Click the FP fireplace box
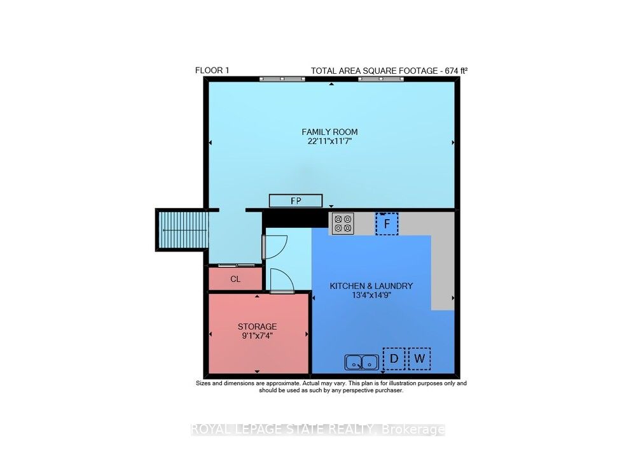tap(296, 201)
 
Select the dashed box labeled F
tap(386, 223)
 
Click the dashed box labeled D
tap(394, 359)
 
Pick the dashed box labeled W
tap(418, 359)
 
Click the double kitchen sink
tap(362, 362)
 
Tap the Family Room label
tap(329, 132)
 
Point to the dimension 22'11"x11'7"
tap(329, 141)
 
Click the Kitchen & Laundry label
tap(371, 286)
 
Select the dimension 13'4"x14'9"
tap(371, 295)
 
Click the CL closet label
tap(235, 279)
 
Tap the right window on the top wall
tap(380, 80)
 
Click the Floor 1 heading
tap(212, 70)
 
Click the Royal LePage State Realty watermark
tap(318, 430)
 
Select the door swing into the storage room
tap(280, 280)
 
